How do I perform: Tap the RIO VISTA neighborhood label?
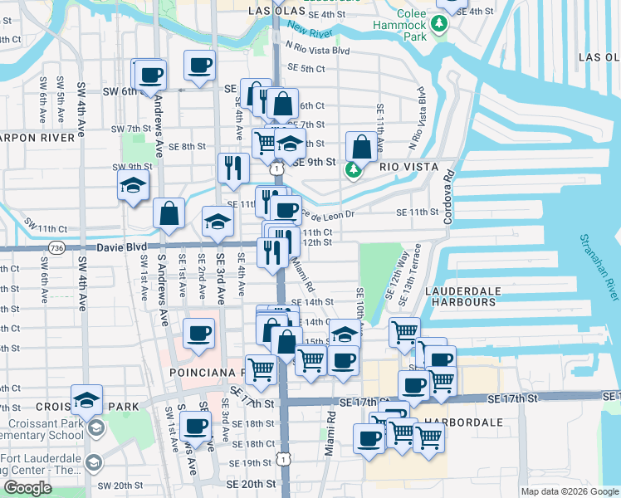[408, 167]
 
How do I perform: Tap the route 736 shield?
[56, 247]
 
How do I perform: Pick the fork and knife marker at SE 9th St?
[233, 168]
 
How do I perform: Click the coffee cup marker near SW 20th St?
[196, 427]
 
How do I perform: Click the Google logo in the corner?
[27, 489]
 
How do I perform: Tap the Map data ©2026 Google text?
[570, 491]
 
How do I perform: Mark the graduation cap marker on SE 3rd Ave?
[218, 221]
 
